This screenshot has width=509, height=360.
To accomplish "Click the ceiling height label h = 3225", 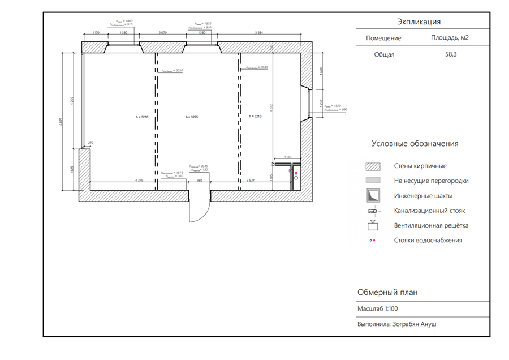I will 191,117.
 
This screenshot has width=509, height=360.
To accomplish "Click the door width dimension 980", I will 199,180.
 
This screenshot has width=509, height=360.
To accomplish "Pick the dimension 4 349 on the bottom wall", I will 139,180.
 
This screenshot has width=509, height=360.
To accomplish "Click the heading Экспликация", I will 419,22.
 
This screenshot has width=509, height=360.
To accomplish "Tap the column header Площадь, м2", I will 450,38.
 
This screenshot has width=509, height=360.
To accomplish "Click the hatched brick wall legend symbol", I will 373,166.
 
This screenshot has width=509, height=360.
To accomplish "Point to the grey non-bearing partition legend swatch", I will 373,181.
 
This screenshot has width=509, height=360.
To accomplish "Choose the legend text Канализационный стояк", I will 430,211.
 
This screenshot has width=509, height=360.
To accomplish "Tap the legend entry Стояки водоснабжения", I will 428,240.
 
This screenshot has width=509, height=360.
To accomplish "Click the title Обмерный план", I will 387,293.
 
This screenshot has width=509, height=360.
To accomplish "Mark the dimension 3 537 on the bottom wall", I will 254,180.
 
